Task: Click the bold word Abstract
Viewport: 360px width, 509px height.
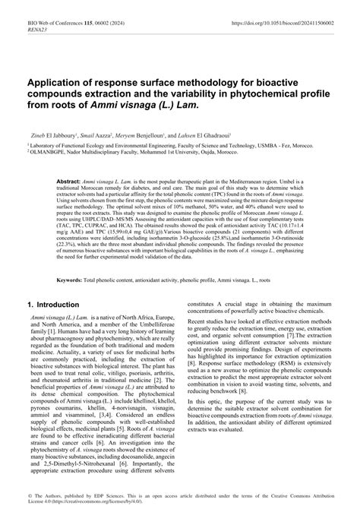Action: pos(69,183)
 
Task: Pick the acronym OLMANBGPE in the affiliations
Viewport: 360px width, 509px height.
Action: pos(43,150)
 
